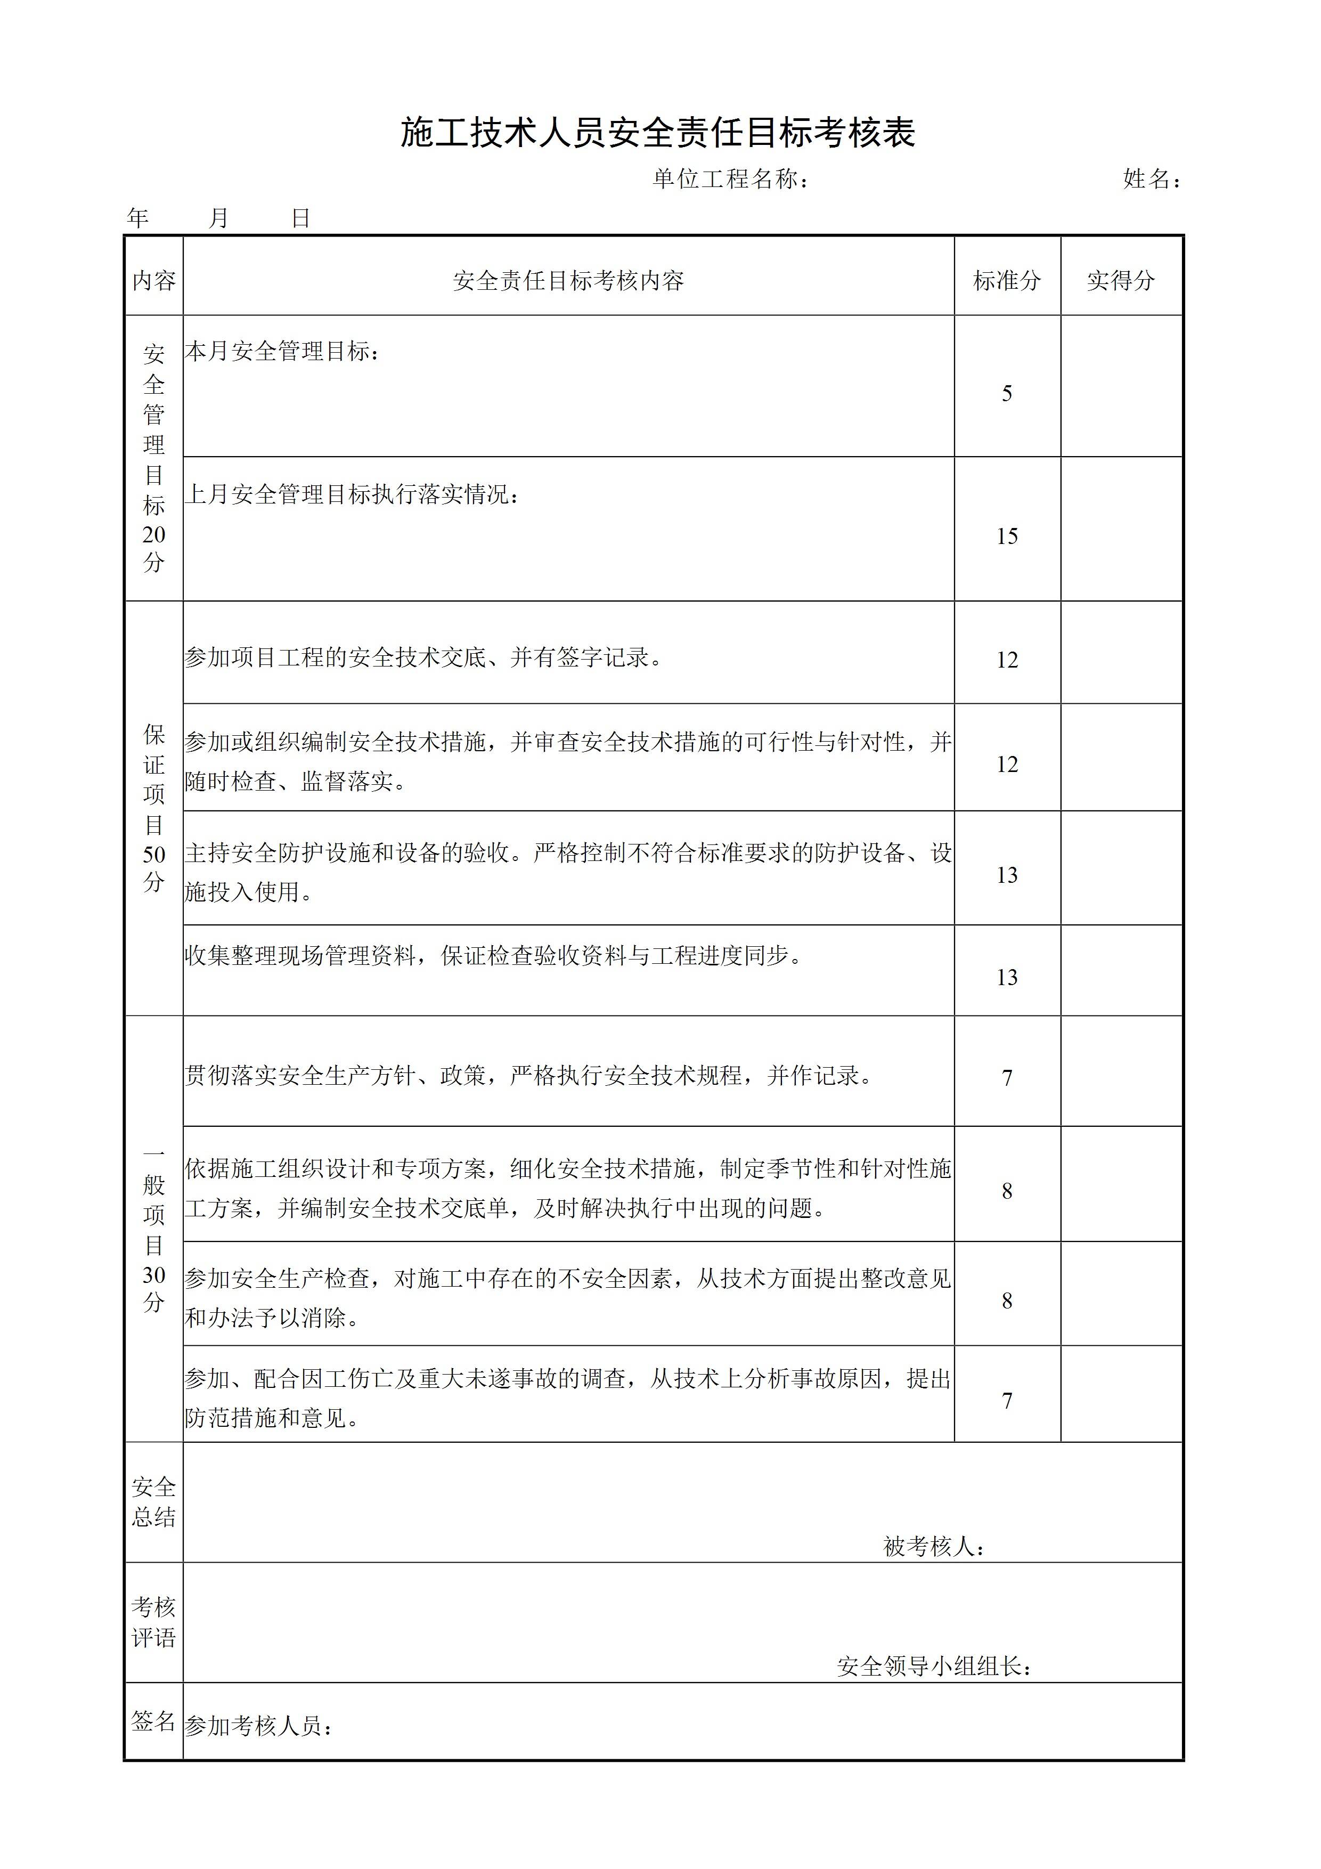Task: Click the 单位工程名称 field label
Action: [x=730, y=179]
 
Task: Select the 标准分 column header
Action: [x=1007, y=281]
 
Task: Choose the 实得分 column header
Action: [x=1121, y=281]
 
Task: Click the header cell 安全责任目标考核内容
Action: [x=568, y=281]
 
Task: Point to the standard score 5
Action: [x=1007, y=394]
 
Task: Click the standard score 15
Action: [x=1007, y=537]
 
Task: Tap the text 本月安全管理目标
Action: [x=281, y=352]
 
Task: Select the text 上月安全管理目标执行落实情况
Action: [x=351, y=494]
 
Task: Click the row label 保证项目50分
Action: [x=154, y=808]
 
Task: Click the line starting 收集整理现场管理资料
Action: [x=493, y=956]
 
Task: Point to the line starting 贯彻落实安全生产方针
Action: [x=529, y=1076]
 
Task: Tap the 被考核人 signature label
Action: [x=934, y=1547]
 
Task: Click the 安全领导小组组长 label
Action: [x=934, y=1667]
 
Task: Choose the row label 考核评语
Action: [x=154, y=1622]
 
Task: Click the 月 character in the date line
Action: [x=218, y=218]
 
